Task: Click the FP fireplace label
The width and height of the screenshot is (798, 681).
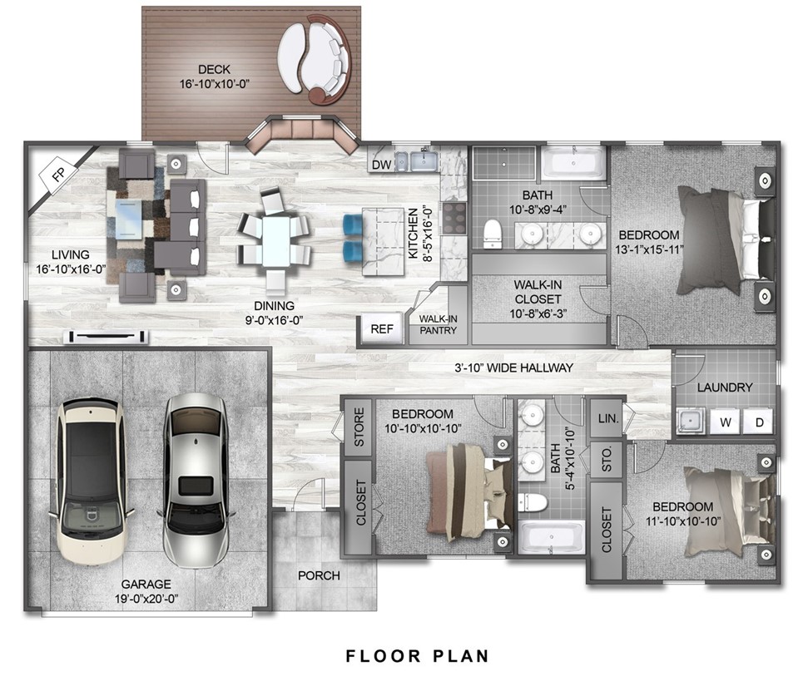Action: coord(58,175)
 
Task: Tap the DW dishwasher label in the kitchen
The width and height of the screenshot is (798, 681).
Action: coord(381,165)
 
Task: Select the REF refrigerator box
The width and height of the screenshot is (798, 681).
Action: coord(382,329)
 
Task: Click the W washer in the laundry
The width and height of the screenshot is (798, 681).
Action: coord(726,422)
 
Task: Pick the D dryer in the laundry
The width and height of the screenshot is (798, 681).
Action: coord(759,422)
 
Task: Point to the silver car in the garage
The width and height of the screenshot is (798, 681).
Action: coord(196,480)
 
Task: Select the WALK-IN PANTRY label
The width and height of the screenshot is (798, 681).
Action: coord(439,324)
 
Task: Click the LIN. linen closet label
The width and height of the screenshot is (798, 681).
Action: coord(608,418)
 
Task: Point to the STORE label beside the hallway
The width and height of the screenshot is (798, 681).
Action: coord(359,427)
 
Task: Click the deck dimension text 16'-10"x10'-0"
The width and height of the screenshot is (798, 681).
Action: coord(214,84)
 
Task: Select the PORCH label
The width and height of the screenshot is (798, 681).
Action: coord(319,575)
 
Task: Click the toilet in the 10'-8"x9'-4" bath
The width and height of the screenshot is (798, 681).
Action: coord(492,234)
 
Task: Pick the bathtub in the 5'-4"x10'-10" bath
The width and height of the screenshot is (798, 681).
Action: coord(551,537)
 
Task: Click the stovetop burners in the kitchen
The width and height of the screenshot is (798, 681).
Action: coord(454,218)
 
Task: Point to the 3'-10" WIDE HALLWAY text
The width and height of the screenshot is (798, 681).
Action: coord(514,368)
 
